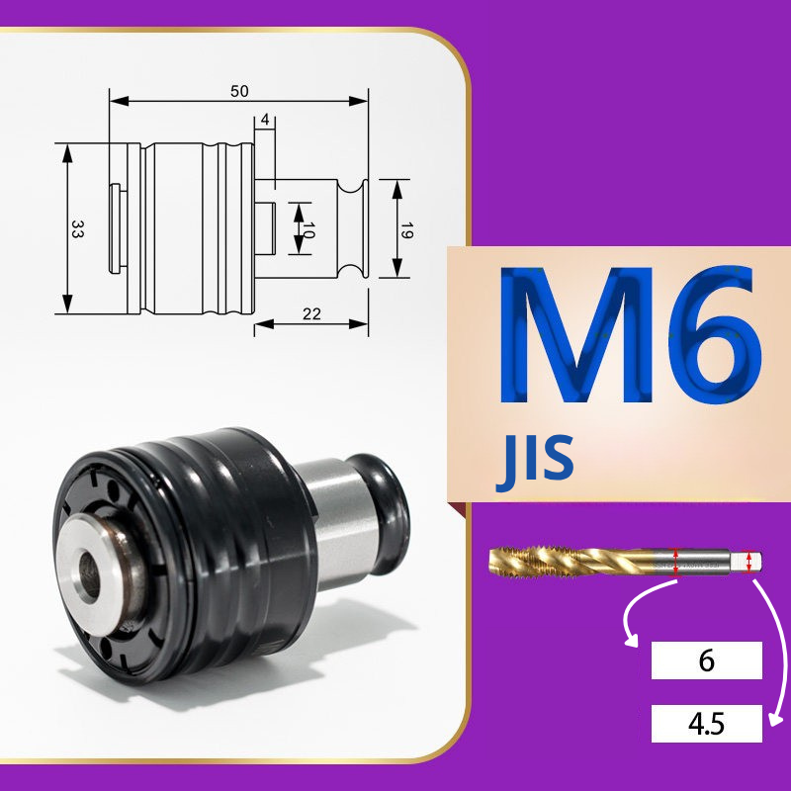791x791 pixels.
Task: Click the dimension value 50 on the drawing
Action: pyautogui.click(x=239, y=91)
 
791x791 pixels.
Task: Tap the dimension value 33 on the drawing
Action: pyautogui.click(x=77, y=228)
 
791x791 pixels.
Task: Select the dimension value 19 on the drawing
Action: pyautogui.click(x=406, y=230)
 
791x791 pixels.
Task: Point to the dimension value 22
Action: pyautogui.click(x=311, y=314)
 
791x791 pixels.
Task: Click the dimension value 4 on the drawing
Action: pyautogui.click(x=265, y=120)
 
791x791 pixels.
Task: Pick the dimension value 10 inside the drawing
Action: pyautogui.click(x=308, y=230)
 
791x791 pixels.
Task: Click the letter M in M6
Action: pyautogui.click(x=575, y=334)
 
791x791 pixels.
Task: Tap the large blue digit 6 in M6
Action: pyautogui.click(x=715, y=335)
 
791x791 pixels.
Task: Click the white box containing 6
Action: pyautogui.click(x=706, y=660)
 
